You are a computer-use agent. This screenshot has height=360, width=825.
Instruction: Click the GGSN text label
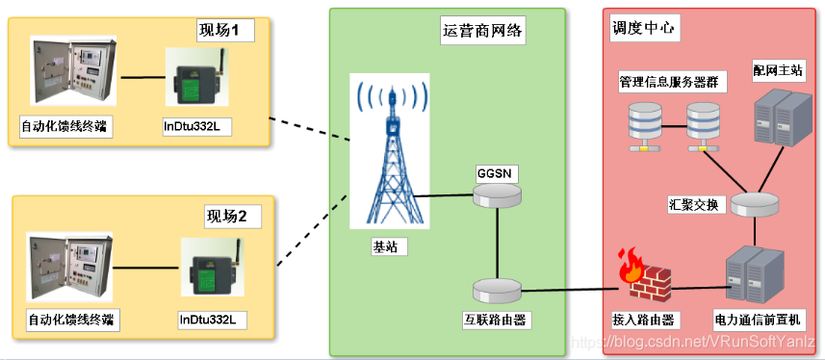[498, 173]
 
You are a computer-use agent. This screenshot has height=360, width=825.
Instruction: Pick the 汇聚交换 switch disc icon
[754, 204]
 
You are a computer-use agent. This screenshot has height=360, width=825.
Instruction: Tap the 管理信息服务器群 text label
[672, 83]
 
